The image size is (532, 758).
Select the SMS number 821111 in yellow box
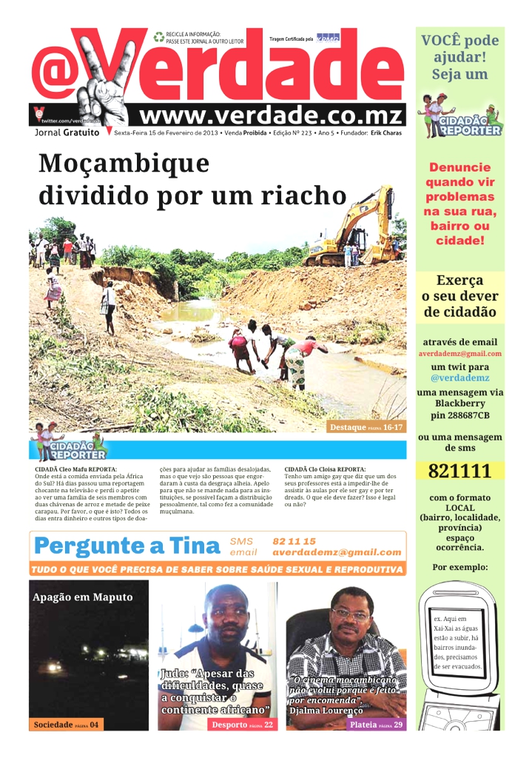pos(459,472)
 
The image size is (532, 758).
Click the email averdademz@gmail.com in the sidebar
pos(459,353)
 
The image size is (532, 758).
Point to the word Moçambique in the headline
pos(124,164)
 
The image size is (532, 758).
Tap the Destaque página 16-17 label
pos(367,427)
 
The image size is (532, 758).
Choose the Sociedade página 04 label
pos(65,725)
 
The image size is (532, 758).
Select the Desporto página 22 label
pos(242,725)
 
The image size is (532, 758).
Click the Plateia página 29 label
pos(377,725)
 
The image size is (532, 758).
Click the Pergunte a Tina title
pos(127,546)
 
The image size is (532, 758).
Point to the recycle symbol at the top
pos(159,37)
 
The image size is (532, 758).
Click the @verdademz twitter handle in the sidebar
pos(459,378)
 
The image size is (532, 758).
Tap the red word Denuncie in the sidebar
pos(459,167)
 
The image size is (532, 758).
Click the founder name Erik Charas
pos(387,133)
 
